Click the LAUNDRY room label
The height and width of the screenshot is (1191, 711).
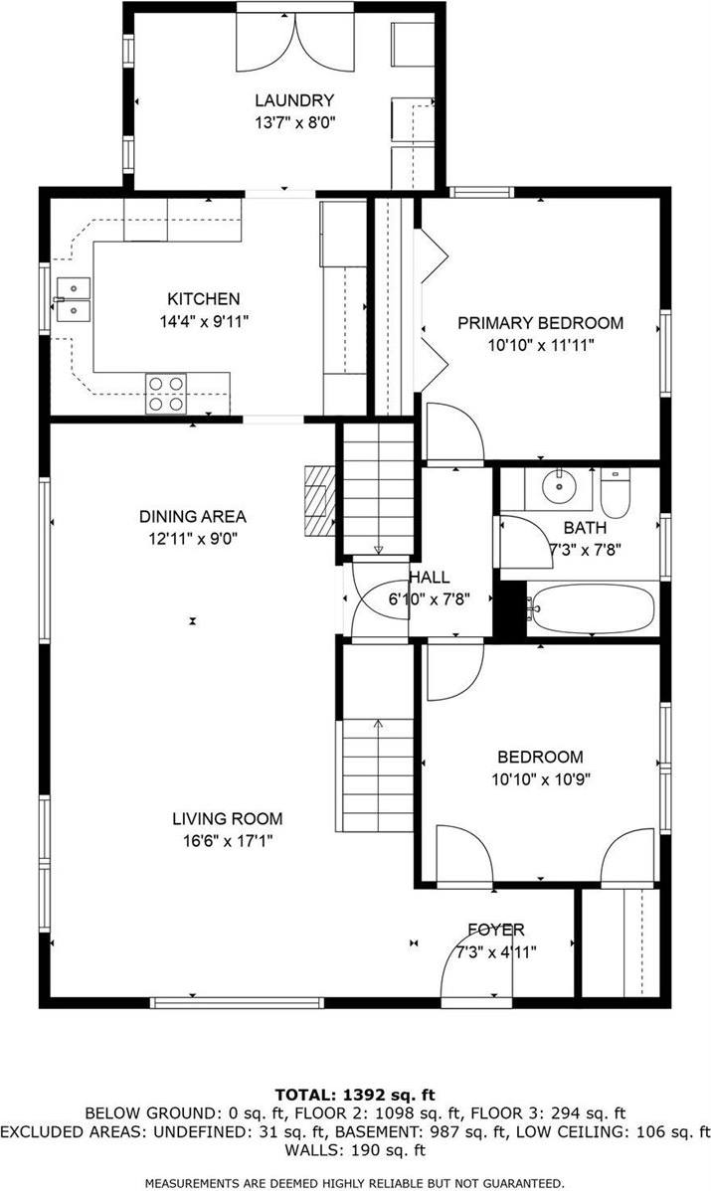pyautogui.click(x=293, y=100)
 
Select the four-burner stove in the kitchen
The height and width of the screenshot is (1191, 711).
pyautogui.click(x=166, y=392)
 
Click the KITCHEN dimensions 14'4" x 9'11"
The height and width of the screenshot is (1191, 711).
pyautogui.click(x=203, y=321)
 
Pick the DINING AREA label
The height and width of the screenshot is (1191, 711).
pyautogui.click(x=192, y=517)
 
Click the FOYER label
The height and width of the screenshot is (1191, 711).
pyautogui.click(x=496, y=931)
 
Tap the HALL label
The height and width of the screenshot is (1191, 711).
pyautogui.click(x=429, y=578)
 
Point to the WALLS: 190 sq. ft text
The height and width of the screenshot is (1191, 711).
pyautogui.click(x=355, y=1150)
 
